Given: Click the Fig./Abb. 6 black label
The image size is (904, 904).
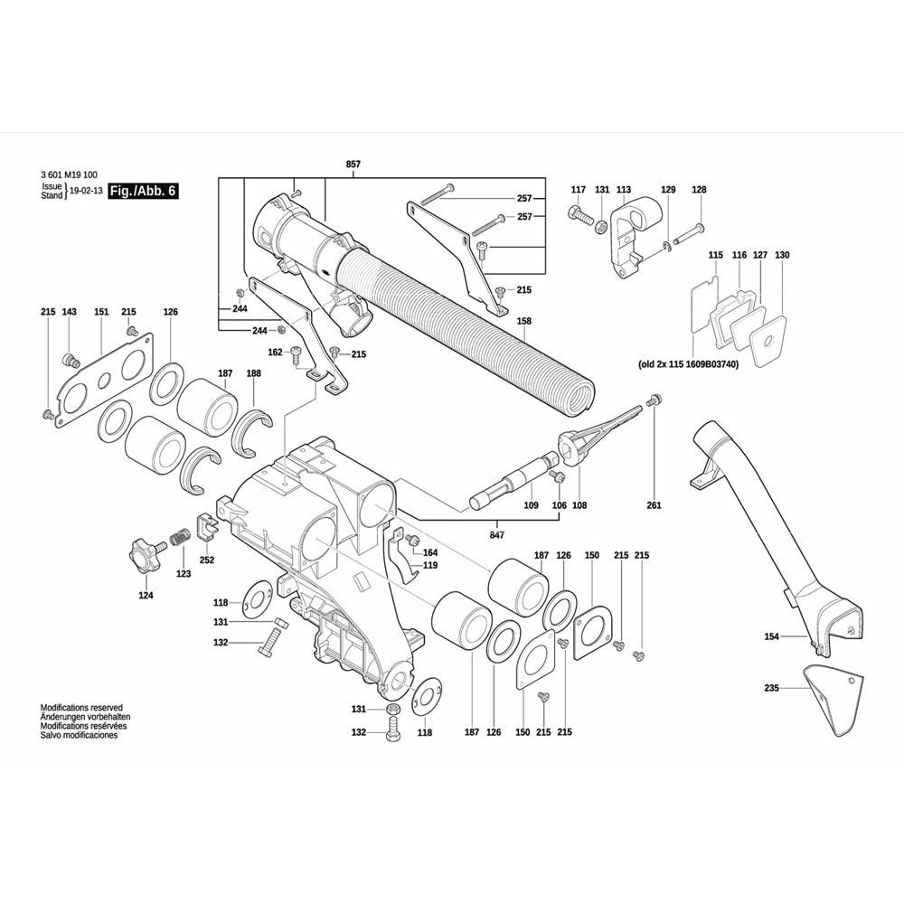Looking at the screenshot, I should [143, 192].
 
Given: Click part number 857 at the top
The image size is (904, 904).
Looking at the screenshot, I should [353, 164].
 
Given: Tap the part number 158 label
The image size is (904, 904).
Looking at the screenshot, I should [523, 321].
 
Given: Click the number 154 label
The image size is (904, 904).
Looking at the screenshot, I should [771, 636].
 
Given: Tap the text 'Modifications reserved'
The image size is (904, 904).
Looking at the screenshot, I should [81, 708].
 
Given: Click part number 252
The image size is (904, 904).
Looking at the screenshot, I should [207, 560].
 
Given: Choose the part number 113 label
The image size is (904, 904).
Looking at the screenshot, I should [624, 189].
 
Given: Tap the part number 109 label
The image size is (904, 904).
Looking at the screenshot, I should [532, 505].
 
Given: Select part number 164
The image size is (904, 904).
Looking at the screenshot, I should [430, 552].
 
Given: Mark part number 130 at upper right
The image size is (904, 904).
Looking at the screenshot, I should [782, 256].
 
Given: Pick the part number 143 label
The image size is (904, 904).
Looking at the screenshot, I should [70, 312].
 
